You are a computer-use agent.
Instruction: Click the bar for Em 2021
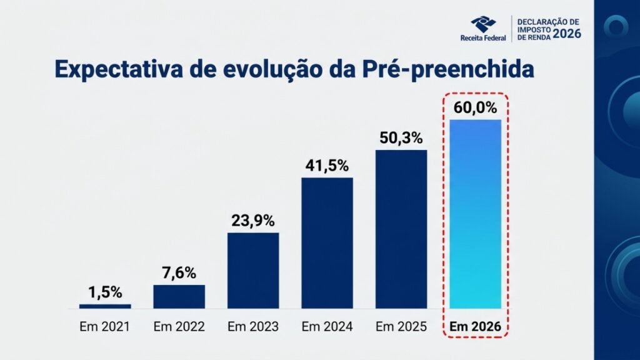[x=105, y=306]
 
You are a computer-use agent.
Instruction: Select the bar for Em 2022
[x=179, y=296]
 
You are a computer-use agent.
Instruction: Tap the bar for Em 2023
[x=253, y=270]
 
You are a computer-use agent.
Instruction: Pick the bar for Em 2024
[x=327, y=242]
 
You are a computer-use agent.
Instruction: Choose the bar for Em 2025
[x=401, y=229]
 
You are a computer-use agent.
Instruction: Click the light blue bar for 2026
[x=476, y=213]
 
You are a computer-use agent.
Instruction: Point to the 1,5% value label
[x=105, y=292]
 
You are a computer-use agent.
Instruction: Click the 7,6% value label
[x=179, y=272]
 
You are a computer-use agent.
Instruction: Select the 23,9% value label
[x=253, y=220]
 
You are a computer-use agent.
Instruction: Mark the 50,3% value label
[x=401, y=138]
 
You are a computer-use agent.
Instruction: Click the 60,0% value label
[x=476, y=107]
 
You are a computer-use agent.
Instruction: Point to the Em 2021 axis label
[x=105, y=326]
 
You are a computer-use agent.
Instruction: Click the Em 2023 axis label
[x=253, y=326]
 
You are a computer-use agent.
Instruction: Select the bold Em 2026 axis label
[x=476, y=326]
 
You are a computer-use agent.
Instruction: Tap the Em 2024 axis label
[x=327, y=326]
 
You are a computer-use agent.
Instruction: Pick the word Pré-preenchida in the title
[x=448, y=69]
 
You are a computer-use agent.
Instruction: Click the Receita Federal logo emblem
[x=482, y=25]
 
